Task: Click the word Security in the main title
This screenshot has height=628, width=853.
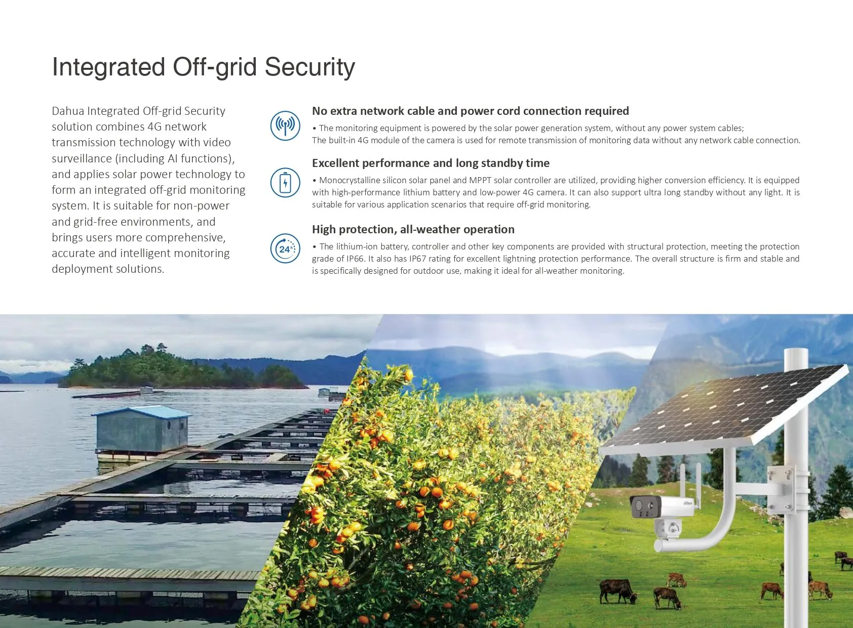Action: tap(309, 67)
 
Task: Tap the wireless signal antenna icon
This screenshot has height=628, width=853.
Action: tap(285, 125)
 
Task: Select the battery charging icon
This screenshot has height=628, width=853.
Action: tap(285, 183)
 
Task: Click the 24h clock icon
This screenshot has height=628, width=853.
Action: tap(285, 248)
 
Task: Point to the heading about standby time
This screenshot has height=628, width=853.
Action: tap(431, 163)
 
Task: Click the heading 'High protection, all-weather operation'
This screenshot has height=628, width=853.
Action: tap(413, 229)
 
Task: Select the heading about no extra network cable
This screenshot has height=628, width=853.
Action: tap(470, 111)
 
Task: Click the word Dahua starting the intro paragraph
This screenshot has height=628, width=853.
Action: tap(68, 111)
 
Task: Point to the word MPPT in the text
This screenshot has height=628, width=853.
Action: tap(480, 180)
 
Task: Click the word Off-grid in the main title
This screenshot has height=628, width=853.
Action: tap(215, 67)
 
